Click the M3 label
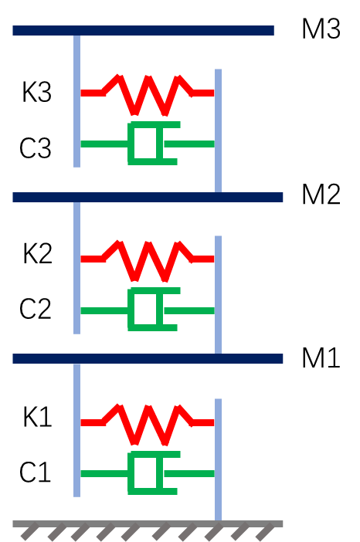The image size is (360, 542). [321, 29]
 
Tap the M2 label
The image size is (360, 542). [321, 195]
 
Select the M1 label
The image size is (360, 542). [321, 357]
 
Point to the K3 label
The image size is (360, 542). [36, 93]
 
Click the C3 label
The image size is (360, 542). [36, 148]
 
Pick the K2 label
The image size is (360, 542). [37, 253]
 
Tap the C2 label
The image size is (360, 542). [36, 309]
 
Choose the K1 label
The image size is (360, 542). [37, 417]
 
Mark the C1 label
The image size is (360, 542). [36, 473]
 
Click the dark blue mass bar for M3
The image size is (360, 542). [144, 30]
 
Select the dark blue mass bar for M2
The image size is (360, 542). [148, 197]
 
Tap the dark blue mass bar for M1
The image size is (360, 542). [148, 359]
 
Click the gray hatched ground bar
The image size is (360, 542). [148, 524]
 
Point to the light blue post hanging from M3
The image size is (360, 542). [76, 101]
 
